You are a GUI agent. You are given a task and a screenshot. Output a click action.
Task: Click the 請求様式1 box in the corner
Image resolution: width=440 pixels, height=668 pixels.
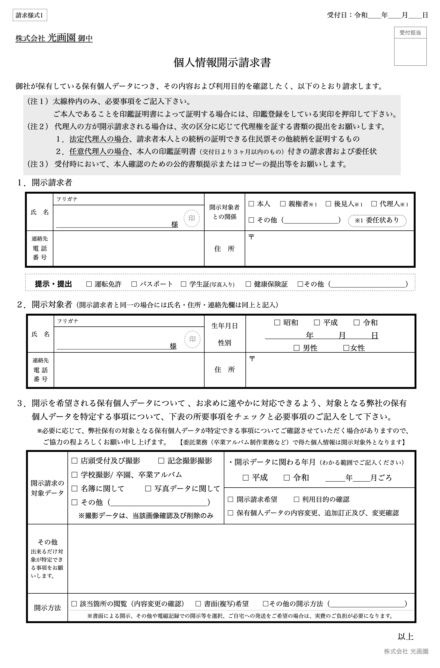tap(30, 15)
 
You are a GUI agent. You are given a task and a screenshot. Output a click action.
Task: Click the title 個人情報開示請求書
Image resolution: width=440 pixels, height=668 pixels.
tap(222, 62)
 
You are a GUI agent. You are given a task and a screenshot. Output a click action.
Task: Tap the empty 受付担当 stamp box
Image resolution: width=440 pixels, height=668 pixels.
tap(410, 52)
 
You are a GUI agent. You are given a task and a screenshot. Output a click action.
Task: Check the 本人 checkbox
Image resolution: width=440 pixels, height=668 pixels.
tap(251, 204)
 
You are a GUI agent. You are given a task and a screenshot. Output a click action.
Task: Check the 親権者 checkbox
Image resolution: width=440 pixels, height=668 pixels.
tap(283, 204)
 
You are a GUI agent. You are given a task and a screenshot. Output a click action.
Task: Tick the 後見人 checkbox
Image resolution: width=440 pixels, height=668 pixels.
tap(328, 204)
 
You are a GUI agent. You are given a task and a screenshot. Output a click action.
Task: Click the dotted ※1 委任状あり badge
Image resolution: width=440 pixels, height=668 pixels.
tap(377, 220)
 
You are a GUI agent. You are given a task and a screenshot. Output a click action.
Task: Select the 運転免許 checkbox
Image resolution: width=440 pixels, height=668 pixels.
tap(89, 284)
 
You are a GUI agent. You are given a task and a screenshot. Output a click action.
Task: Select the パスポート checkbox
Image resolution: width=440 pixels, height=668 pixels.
tap(134, 284)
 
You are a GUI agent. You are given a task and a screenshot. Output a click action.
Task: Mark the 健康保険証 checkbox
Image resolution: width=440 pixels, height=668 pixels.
tap(248, 284)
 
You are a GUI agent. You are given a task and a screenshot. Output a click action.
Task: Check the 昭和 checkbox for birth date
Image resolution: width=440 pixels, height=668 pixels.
tap(277, 322)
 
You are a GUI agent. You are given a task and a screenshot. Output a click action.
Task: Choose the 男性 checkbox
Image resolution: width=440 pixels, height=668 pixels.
tap(296, 348)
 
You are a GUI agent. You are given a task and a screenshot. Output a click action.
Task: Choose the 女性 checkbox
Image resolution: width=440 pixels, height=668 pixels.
tap(346, 348)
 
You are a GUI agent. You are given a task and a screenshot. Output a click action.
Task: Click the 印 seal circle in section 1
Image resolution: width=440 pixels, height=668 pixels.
tap(192, 218)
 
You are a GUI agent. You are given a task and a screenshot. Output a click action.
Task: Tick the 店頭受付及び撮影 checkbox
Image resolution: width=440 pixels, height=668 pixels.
tap(75, 461)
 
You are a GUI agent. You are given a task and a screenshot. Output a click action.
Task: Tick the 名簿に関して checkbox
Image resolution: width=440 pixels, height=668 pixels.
tap(75, 488)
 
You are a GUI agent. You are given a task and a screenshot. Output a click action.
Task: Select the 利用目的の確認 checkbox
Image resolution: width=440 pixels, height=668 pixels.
tap(296, 499)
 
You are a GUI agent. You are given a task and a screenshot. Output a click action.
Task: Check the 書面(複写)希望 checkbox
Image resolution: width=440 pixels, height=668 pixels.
tap(198, 603)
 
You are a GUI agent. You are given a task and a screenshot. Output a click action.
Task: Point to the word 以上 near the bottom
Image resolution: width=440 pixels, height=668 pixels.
tap(405, 637)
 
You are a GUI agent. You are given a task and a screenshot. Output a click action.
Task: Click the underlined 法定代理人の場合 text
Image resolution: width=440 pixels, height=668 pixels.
tap(99, 139)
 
